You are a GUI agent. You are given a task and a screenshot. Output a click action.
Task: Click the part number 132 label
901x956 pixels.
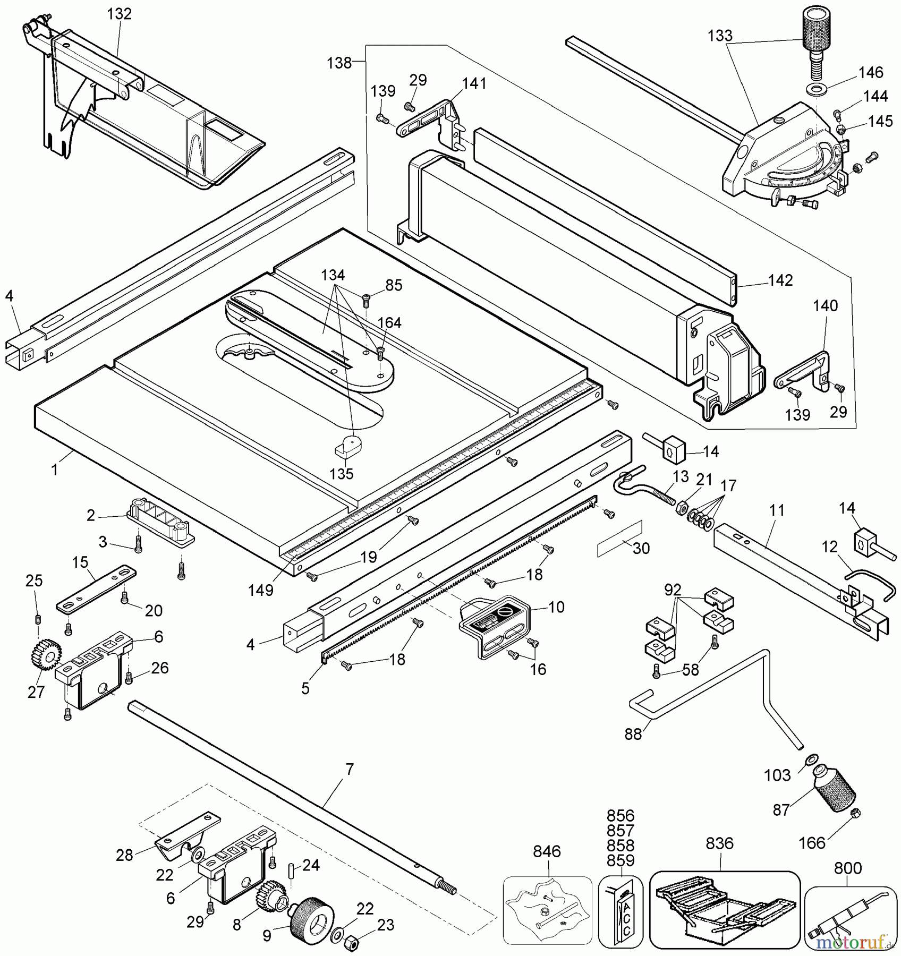pyautogui.click(x=119, y=14)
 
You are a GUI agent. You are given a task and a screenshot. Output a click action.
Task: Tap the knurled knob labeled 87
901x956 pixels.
pyautogui.click(x=836, y=796)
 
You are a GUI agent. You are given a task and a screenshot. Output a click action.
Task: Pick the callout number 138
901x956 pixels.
pyautogui.click(x=339, y=63)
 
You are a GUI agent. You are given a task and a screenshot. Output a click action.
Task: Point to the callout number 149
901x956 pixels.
pyautogui.click(x=261, y=590)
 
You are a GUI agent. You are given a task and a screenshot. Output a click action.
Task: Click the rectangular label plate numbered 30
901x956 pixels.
pyautogui.click(x=619, y=539)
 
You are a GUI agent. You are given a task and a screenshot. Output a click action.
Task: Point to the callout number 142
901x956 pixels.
pyautogui.click(x=780, y=280)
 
